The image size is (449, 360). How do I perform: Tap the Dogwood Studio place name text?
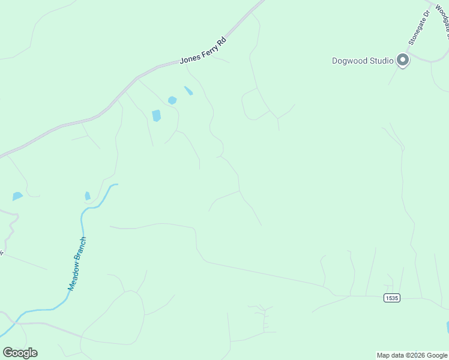pyautogui.click(x=363, y=61)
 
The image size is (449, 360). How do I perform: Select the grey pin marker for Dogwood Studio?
pyautogui.click(x=403, y=60)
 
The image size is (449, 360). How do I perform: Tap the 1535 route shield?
pyautogui.click(x=391, y=298)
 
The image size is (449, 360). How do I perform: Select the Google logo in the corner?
pyautogui.click(x=20, y=353)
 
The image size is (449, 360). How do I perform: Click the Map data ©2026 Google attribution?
pyautogui.click(x=412, y=355)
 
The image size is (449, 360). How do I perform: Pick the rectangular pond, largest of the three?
pyautogui.click(x=157, y=115)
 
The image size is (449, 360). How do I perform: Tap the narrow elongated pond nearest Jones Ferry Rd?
pyautogui.click(x=188, y=91)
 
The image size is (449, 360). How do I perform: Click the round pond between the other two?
pyautogui.click(x=172, y=100)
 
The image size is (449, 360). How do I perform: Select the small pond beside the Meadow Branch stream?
pyautogui.click(x=88, y=196)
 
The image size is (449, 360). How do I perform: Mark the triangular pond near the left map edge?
pyautogui.click(x=17, y=196)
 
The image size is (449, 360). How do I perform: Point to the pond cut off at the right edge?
pyautogui.click(x=447, y=327)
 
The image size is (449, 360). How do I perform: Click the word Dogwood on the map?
pyautogui.click(x=349, y=61)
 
